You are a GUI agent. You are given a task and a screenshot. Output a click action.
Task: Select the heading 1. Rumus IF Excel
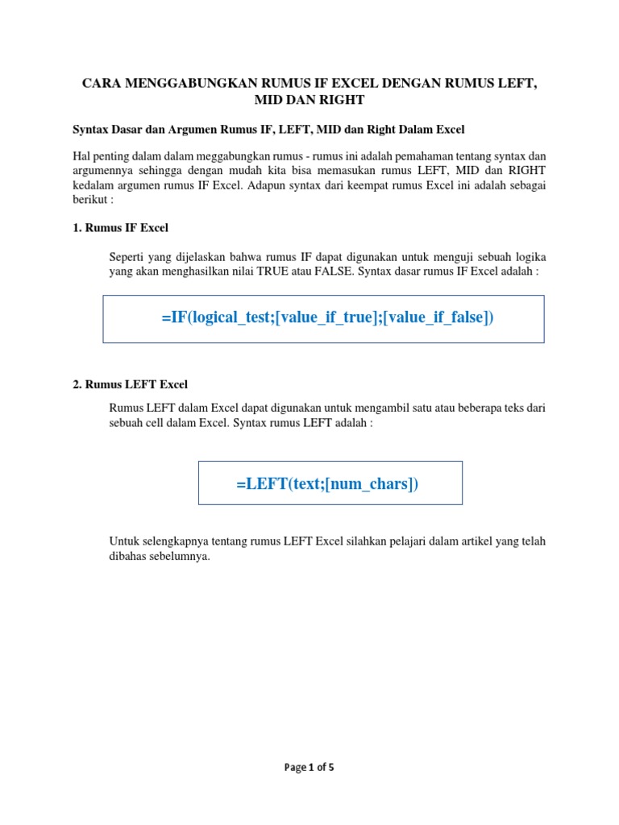pos(120,228)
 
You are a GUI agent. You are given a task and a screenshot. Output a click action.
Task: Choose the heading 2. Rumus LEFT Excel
pos(130,384)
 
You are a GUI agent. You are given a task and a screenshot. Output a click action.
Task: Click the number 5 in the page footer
pos(330,768)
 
